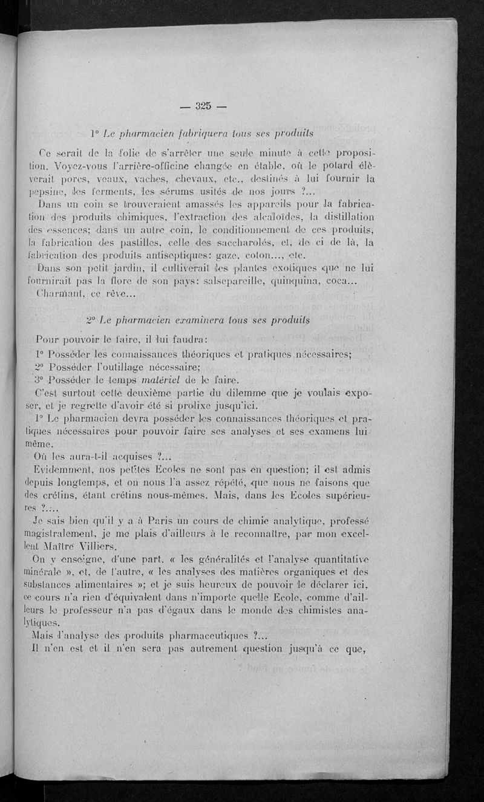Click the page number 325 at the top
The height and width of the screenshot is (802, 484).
pos(202,106)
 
